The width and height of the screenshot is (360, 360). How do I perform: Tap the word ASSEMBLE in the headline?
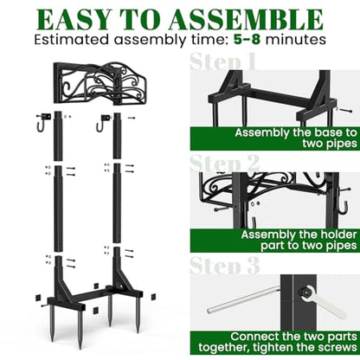pyautogui.click(x=246, y=20)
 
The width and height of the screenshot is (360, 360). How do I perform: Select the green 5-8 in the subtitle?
pyautogui.click(x=247, y=40)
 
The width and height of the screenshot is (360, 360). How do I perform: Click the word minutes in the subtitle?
pyautogui.click(x=296, y=40)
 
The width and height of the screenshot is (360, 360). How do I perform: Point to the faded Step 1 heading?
pyautogui.click(x=222, y=61)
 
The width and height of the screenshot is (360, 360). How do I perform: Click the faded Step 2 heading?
pyautogui.click(x=225, y=164)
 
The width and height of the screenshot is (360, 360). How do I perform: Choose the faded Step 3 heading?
pyautogui.click(x=225, y=265)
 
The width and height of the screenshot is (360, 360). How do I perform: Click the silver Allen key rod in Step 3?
pyautogui.click(x=244, y=299)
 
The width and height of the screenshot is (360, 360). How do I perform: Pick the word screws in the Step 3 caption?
pyautogui.click(x=337, y=347)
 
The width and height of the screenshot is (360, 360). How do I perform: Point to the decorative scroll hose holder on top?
pyautogui.click(x=100, y=83)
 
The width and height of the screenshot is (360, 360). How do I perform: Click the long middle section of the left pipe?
pyautogui.click(x=58, y=209)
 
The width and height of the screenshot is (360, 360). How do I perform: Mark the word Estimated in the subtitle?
pyautogui.click(x=72, y=40)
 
